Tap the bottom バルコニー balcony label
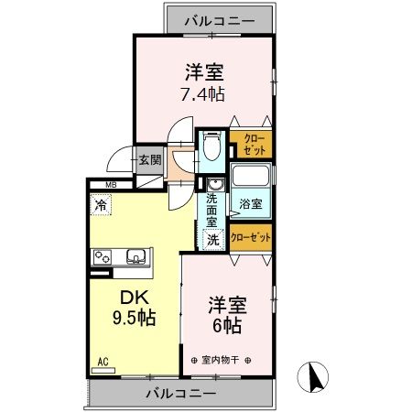(180, 394)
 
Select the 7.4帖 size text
(205, 92)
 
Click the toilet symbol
(212, 145)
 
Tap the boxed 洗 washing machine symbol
(211, 240)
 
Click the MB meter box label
(110, 186)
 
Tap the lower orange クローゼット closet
(250, 237)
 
